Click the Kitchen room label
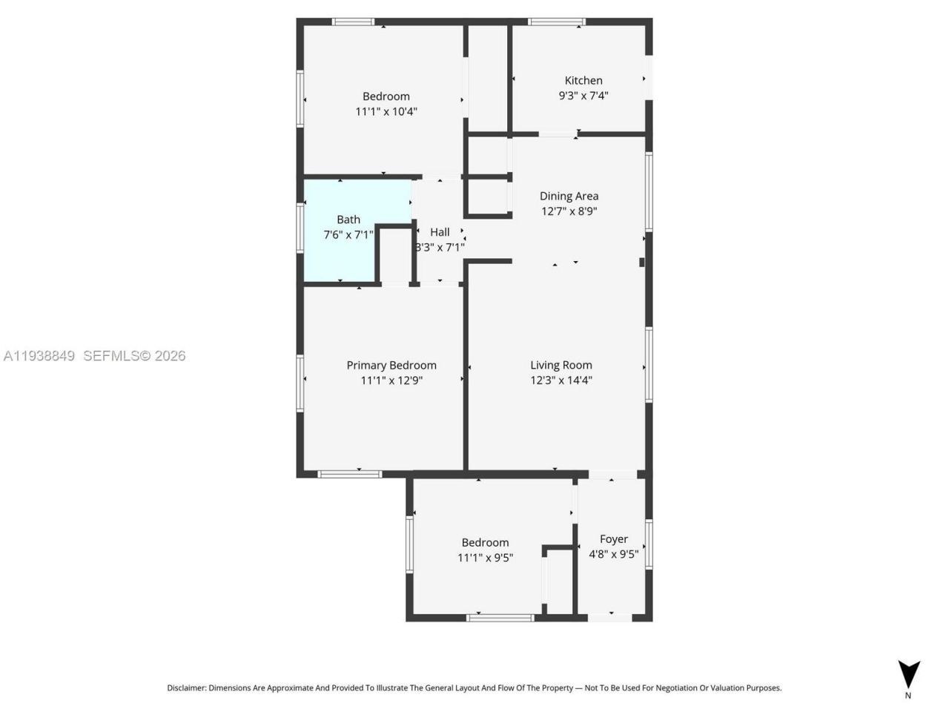583,80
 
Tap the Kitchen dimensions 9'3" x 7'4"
583,96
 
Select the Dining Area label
569,196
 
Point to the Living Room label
561,365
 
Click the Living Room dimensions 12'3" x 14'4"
561,380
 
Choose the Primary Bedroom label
391,365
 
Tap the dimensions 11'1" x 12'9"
391,380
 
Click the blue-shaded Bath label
348,220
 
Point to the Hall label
440,232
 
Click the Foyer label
614,539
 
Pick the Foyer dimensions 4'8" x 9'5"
614,555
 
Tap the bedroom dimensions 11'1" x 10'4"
386,112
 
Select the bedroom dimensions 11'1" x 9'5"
485,558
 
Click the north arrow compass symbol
909,673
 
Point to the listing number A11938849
39,356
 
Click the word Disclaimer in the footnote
186,688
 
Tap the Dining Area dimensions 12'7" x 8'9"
569,211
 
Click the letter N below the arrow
908,696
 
